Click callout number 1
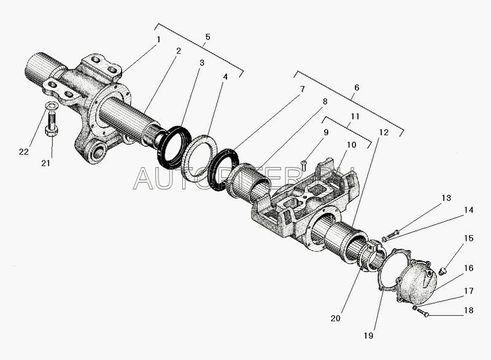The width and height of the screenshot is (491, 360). [158, 39]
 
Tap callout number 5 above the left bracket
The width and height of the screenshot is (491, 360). [208, 37]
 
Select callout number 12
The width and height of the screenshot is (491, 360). [384, 133]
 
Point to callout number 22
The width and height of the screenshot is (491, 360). [24, 152]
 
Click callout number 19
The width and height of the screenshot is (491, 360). [369, 335]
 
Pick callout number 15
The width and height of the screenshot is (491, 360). [468, 238]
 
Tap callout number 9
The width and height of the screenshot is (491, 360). [326, 132]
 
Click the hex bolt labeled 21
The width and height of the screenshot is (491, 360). [52, 123]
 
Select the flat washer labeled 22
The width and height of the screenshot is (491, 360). [51, 106]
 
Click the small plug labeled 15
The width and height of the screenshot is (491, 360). [443, 271]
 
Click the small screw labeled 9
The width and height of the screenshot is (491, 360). [303, 165]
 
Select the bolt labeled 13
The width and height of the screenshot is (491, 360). [393, 234]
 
